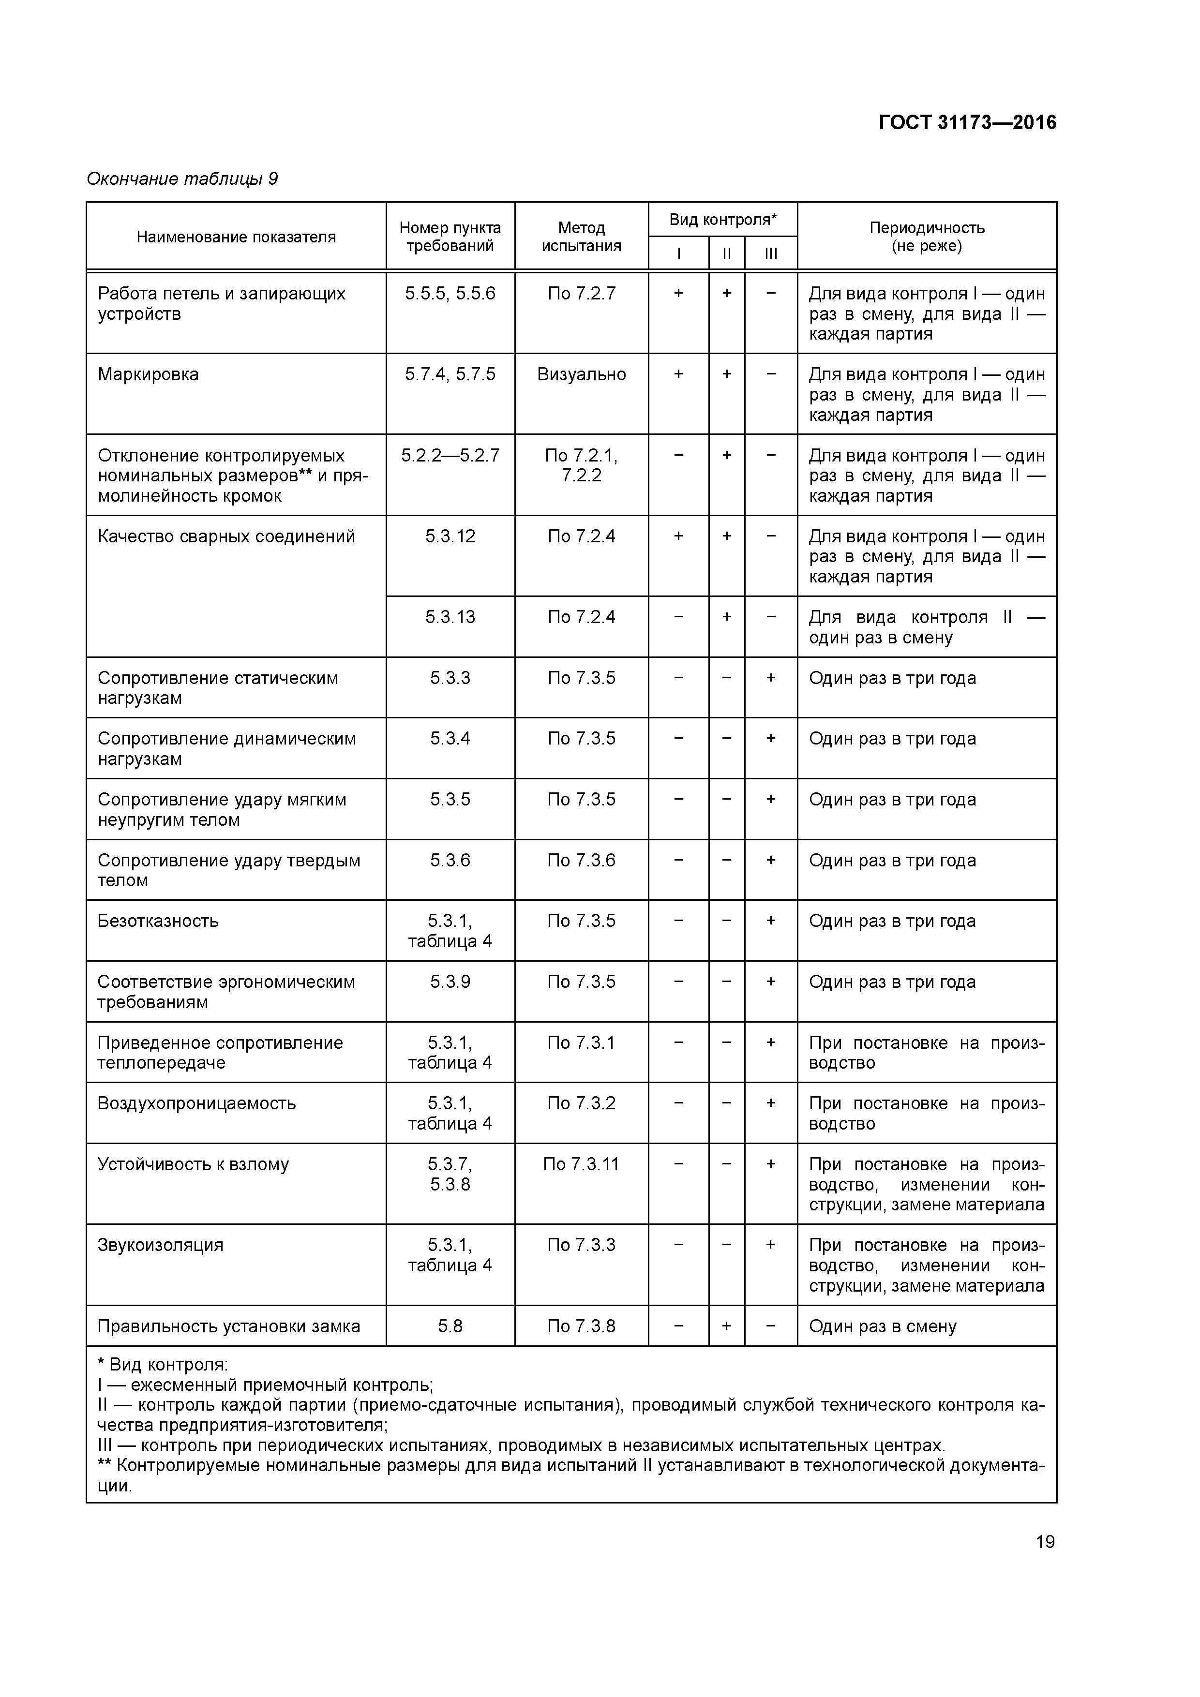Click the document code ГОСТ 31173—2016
tap(967, 123)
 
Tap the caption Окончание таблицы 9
tap(182, 179)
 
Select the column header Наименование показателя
tap(236, 237)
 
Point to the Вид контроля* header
tap(722, 220)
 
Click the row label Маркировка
tap(148, 375)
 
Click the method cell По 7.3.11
tap(581, 1164)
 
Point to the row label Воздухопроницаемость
tap(196, 1103)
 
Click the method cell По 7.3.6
tap(581, 860)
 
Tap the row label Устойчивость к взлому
tap(193, 1164)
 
